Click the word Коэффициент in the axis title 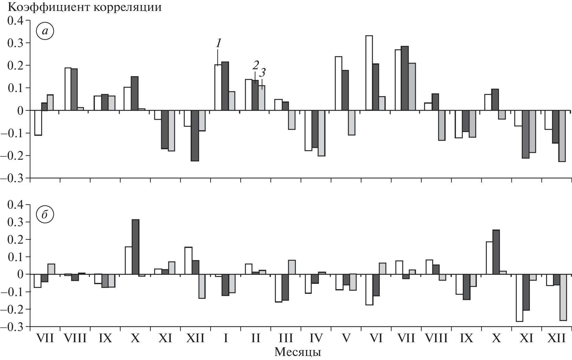click(x=41, y=7)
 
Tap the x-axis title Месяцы click(x=298, y=352)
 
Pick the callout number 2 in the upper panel click(x=255, y=66)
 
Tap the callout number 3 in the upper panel click(x=262, y=73)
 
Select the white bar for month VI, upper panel click(x=369, y=73)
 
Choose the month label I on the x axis click(x=225, y=338)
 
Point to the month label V click(x=345, y=338)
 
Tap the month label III click(x=285, y=338)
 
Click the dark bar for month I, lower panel click(x=225, y=285)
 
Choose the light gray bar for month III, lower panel click(x=292, y=267)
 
